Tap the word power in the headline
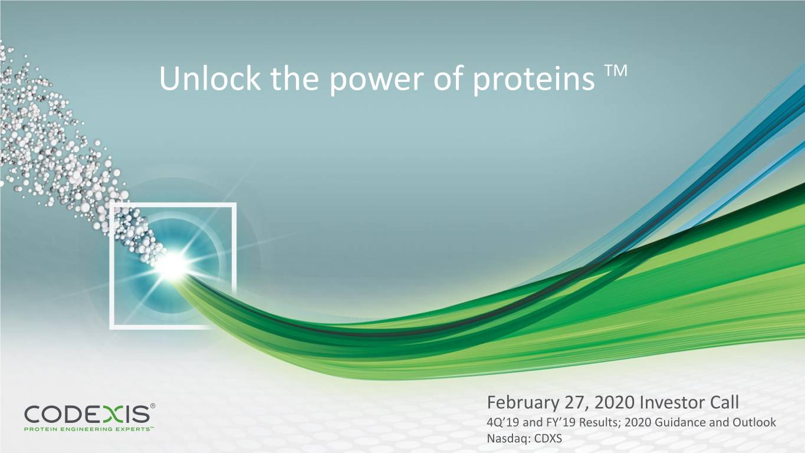[x=377, y=81]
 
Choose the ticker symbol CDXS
[x=548, y=439]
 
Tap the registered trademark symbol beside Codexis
[x=152, y=406]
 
